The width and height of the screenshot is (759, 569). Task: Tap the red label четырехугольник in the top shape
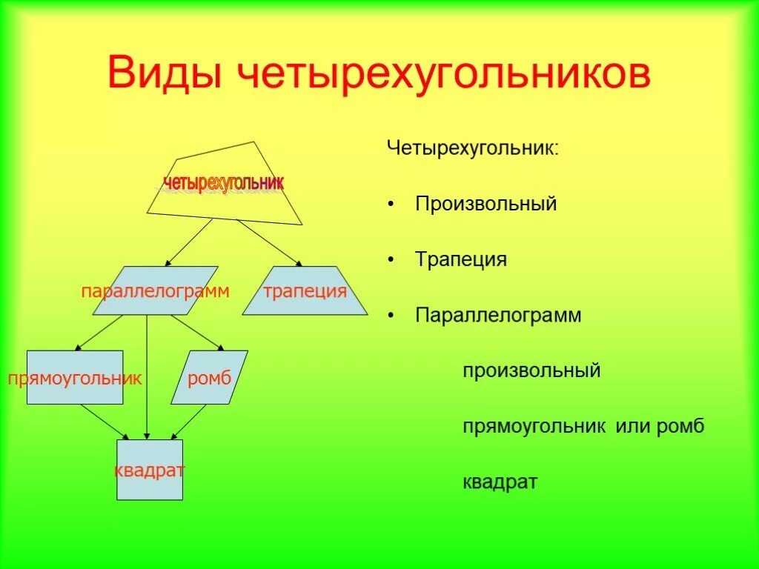coord(223,182)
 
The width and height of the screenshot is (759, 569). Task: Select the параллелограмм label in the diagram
coord(155,291)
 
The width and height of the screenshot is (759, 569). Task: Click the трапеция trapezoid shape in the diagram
coord(305,290)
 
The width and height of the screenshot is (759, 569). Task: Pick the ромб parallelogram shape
coord(209,379)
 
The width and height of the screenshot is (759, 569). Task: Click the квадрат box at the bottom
coord(149,470)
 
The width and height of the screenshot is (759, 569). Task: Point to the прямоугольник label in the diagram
coord(75,379)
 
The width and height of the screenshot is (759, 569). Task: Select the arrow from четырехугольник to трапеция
coord(270,242)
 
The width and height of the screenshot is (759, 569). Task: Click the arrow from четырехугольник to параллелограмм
coord(189,242)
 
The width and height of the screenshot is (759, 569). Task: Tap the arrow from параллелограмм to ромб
coord(197,332)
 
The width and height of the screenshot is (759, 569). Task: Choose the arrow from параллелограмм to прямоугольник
coord(100,333)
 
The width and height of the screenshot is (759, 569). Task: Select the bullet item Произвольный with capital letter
coord(485,204)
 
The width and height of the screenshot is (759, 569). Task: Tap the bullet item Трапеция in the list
coord(461,259)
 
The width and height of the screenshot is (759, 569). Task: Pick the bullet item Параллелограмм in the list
coord(498,315)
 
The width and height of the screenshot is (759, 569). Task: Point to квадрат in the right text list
coord(500,482)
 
